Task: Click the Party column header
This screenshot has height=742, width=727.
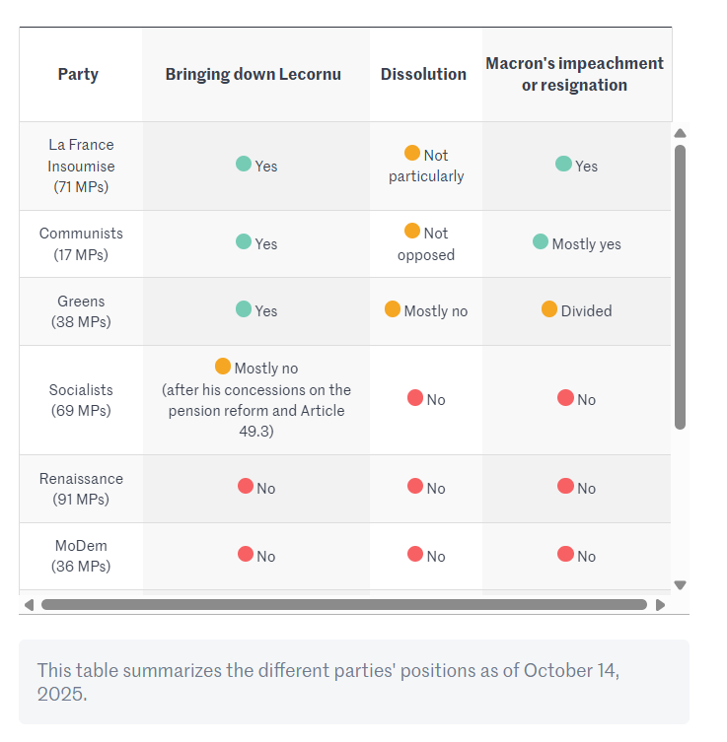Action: [x=78, y=74]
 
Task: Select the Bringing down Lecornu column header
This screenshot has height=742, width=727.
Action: [x=253, y=74]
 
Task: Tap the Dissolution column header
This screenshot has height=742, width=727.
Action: [x=423, y=74]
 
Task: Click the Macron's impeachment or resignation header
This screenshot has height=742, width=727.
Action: [x=574, y=74]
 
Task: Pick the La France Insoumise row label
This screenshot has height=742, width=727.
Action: [x=81, y=166]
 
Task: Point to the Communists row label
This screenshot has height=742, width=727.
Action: [x=81, y=243]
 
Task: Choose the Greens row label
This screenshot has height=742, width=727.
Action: [x=81, y=311]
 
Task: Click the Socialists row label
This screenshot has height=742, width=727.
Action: [x=81, y=400]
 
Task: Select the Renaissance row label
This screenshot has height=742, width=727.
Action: [x=81, y=489]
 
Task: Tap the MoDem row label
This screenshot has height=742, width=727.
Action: [x=81, y=556]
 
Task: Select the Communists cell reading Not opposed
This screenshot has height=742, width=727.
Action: [x=426, y=244]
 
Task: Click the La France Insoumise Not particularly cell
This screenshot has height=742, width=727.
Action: [x=426, y=166]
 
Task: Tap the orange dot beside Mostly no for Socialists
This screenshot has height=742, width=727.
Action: [x=223, y=367]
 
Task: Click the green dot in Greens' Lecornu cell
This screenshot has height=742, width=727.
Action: [x=244, y=309]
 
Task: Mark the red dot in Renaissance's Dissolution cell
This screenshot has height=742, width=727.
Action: [x=415, y=487]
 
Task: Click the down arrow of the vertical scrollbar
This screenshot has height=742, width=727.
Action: [x=680, y=584]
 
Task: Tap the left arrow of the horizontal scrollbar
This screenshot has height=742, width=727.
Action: [x=29, y=605]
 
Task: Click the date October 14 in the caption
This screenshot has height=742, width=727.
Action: [x=569, y=671]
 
